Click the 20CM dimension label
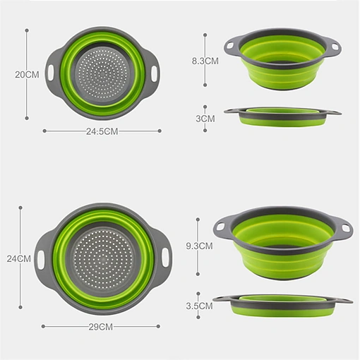click(27, 75)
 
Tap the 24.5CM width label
click(102, 131)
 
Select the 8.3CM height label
click(205, 61)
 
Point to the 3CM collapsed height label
click(205, 119)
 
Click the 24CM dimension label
click(19, 259)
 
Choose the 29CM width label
click(101, 327)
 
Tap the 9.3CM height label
click(199, 246)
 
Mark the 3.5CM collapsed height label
click(199, 306)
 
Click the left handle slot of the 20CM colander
click(51, 72)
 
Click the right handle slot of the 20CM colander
click(154, 73)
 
